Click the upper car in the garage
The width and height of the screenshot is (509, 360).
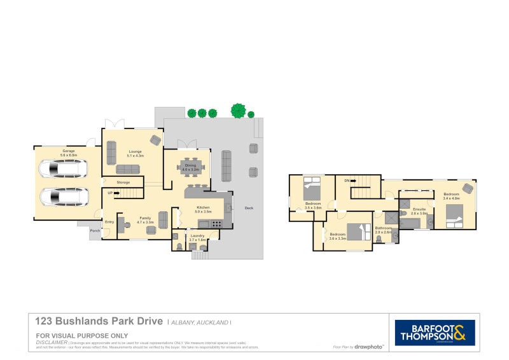tap(62, 169)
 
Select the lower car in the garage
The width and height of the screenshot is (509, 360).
tap(62, 197)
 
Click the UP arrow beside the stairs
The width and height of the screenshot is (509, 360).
tap(116, 193)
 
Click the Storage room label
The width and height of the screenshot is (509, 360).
tap(123, 183)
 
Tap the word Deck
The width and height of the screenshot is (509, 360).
tap(248, 208)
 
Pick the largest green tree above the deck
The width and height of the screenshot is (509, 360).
tap(239, 111)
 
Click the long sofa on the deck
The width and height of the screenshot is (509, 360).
tap(227, 165)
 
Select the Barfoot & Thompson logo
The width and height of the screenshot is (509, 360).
tap(435, 332)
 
